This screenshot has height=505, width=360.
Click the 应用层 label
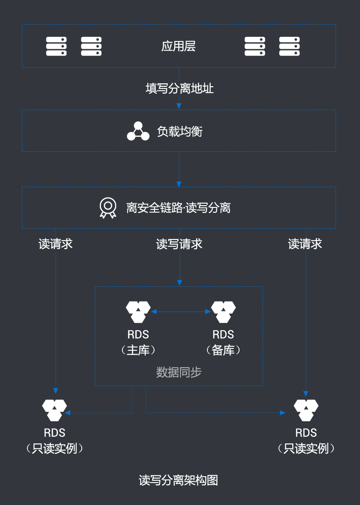(x=179, y=46)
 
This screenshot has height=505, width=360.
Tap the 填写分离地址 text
(x=179, y=88)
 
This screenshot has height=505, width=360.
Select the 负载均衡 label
(x=180, y=132)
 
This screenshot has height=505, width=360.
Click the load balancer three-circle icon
(x=138, y=131)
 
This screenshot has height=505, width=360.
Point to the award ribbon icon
(x=108, y=208)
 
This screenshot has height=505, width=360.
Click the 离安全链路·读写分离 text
(x=178, y=208)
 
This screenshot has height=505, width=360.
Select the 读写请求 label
(x=179, y=244)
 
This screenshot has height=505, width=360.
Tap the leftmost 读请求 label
(x=56, y=244)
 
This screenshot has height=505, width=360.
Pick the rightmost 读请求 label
(x=305, y=244)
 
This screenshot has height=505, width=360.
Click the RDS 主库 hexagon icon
(x=138, y=312)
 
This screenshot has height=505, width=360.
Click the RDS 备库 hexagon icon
(x=223, y=312)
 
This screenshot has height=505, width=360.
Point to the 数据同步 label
(x=179, y=372)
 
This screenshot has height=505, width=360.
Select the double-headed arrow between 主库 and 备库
(x=181, y=312)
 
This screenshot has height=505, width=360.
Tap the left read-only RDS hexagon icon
(x=55, y=410)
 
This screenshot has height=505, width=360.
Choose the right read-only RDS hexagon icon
(x=306, y=410)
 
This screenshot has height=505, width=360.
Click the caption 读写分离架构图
(x=178, y=480)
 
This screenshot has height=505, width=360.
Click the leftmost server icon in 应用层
(x=56, y=46)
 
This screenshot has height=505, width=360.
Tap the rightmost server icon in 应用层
(x=289, y=46)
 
